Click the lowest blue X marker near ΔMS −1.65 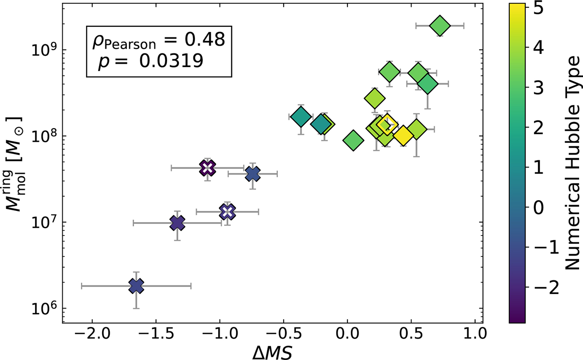tap(137, 286)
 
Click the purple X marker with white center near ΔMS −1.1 tap(207, 168)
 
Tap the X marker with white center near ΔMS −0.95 tap(227, 212)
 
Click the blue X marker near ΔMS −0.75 tap(253, 173)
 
